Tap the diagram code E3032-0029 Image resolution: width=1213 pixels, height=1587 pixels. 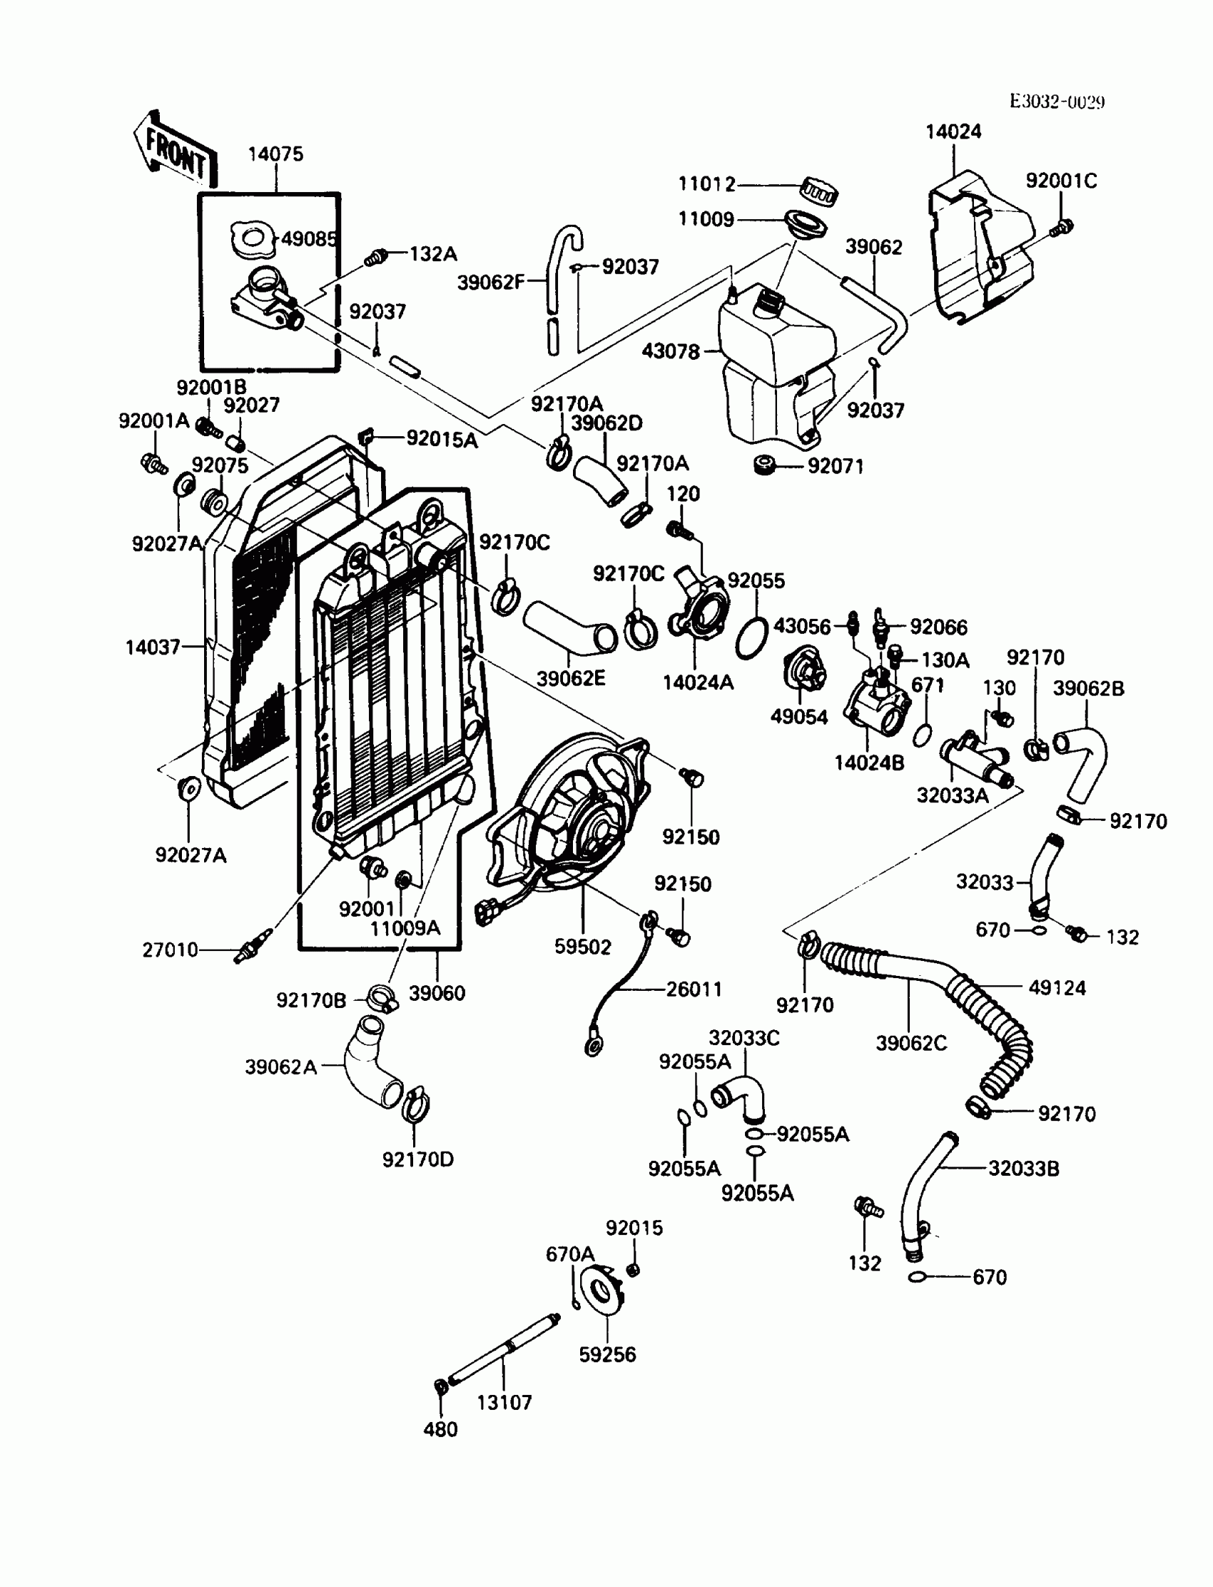click(x=1056, y=102)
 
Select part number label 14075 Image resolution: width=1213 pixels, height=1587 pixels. click(x=275, y=154)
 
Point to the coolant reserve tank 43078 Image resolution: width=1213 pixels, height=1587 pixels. click(x=776, y=361)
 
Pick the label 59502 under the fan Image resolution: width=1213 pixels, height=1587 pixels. click(x=582, y=947)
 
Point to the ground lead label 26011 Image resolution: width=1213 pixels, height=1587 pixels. click(x=693, y=989)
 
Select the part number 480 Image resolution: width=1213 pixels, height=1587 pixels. click(x=440, y=1429)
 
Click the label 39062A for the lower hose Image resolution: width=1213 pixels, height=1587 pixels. click(x=281, y=1067)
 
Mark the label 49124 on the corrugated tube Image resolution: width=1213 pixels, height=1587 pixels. click(x=1056, y=987)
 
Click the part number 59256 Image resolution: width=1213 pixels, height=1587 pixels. click(x=607, y=1354)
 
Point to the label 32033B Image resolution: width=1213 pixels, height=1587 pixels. click(x=1023, y=1168)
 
